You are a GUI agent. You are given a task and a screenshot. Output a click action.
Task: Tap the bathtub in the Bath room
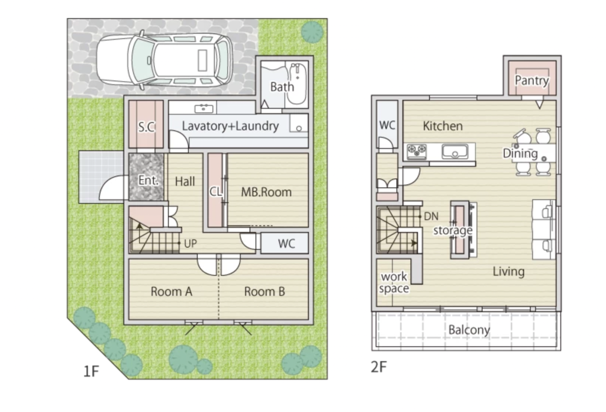(297, 84)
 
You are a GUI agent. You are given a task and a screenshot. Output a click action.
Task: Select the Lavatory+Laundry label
(230, 126)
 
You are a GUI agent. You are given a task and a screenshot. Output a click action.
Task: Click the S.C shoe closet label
(147, 127)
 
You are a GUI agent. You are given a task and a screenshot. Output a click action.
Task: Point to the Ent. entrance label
(149, 180)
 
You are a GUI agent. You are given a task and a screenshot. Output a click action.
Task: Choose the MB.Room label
(266, 192)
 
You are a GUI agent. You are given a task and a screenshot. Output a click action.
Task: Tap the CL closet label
(215, 192)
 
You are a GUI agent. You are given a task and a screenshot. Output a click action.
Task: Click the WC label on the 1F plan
(286, 243)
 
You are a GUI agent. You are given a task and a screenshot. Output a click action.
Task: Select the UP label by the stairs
(190, 243)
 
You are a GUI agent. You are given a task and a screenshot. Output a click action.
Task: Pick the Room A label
(171, 291)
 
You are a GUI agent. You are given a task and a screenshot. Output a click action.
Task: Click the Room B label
(265, 291)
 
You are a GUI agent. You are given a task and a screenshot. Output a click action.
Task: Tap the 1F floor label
(91, 371)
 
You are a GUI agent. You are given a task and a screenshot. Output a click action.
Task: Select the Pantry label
(532, 81)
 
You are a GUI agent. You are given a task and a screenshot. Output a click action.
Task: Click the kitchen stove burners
(417, 151)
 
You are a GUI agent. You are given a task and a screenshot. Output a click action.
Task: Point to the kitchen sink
(455, 152)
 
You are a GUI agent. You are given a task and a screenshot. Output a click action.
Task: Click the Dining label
(520, 153)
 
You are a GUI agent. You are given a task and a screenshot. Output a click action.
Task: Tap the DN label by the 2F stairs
(431, 216)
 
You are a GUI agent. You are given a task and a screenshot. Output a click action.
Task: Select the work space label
(394, 282)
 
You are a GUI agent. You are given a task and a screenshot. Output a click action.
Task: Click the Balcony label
(469, 330)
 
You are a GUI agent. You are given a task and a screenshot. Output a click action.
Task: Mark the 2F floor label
(379, 367)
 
